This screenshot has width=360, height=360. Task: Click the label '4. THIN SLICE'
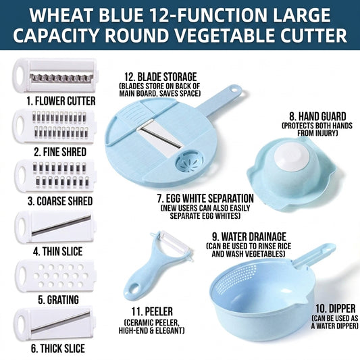57,251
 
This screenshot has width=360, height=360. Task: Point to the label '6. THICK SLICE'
58,348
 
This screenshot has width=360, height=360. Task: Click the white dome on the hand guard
292,156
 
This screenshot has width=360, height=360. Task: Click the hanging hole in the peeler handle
134,288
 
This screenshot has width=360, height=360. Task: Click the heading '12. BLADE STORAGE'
161,77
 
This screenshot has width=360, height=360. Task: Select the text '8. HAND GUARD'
317,117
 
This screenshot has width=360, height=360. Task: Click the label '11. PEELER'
152,312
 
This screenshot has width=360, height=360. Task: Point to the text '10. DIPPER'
336,309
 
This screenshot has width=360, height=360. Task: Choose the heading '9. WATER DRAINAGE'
249,237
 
